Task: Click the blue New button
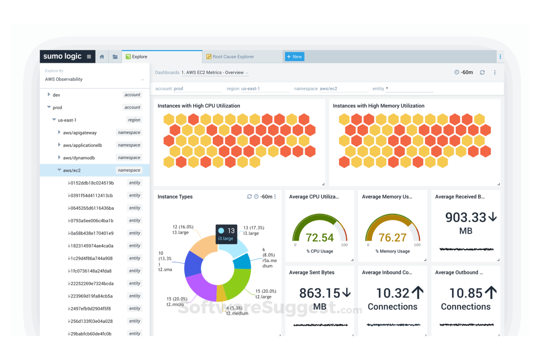(x=294, y=57)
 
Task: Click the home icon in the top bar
(x=102, y=57)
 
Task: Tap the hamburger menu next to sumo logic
(x=89, y=57)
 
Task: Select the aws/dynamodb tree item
(x=79, y=158)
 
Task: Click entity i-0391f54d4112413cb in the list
(x=90, y=196)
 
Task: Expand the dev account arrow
(x=49, y=94)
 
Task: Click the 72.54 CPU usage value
(x=320, y=237)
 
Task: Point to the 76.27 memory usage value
(x=392, y=237)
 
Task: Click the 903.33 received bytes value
(x=466, y=217)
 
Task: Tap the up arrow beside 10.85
(x=491, y=293)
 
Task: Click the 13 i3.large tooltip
(x=226, y=234)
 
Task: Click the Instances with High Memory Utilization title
(x=378, y=106)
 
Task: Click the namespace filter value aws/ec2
(x=328, y=89)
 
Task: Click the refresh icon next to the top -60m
(x=482, y=72)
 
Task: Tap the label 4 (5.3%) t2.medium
(x=236, y=311)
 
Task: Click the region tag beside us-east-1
(x=134, y=120)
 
